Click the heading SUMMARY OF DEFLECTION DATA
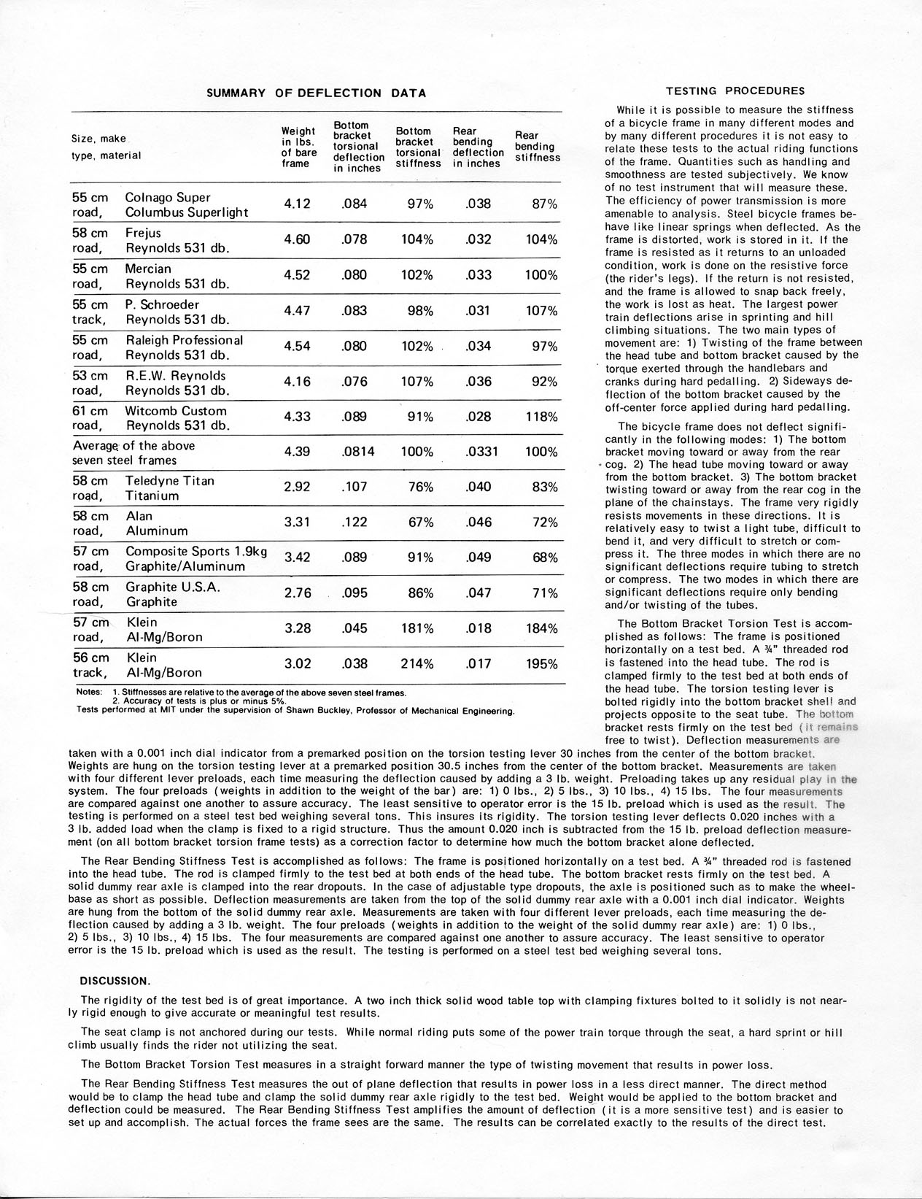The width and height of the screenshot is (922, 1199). click(x=316, y=93)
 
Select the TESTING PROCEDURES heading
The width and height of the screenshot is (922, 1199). click(x=736, y=91)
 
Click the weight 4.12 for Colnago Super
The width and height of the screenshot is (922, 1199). click(x=297, y=204)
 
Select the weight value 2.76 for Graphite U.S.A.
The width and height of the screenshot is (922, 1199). click(x=297, y=593)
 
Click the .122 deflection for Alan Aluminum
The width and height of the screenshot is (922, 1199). click(x=355, y=523)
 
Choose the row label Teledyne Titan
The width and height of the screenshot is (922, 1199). click(x=169, y=481)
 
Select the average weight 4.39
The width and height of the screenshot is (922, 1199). click(x=297, y=452)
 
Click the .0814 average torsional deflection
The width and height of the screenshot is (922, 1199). click(x=357, y=452)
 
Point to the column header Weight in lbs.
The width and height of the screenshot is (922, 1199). click(x=298, y=147)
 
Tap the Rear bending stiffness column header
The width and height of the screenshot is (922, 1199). click(x=538, y=146)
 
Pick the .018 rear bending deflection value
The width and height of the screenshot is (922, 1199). click(x=478, y=628)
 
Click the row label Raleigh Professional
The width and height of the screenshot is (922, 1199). click(x=184, y=340)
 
